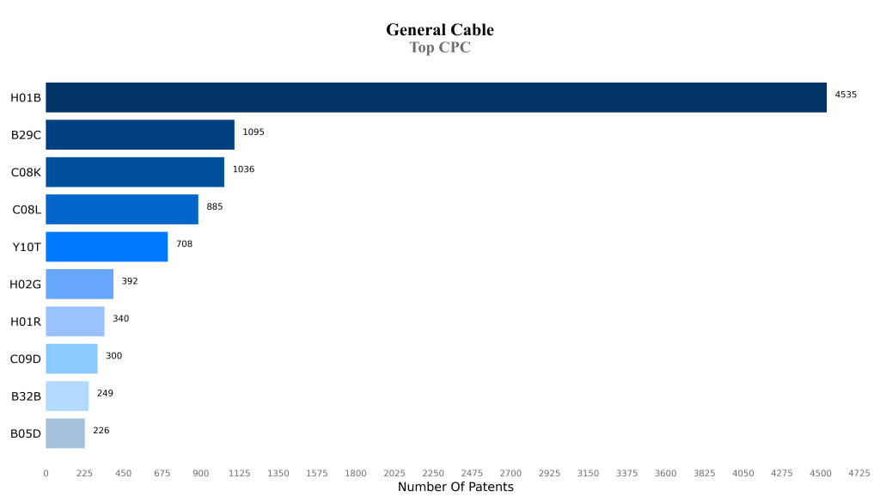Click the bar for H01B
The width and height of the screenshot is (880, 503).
pyautogui.click(x=436, y=97)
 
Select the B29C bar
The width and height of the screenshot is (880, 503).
pyautogui.click(x=140, y=135)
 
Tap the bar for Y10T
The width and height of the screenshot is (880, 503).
pyautogui.click(x=107, y=247)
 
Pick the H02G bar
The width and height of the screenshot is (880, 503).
pyautogui.click(x=79, y=284)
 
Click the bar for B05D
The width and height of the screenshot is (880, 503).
pyautogui.click(x=65, y=433)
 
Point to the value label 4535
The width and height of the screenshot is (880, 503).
pyautogui.click(x=846, y=95)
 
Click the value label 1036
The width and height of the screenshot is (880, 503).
pyautogui.click(x=243, y=169)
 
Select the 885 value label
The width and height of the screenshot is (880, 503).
pyautogui.click(x=215, y=206)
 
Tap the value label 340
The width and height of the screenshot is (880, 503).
pyautogui.click(x=121, y=319)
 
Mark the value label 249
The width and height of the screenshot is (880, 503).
pyautogui.click(x=105, y=394)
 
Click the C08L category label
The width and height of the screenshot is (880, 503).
pyautogui.click(x=27, y=210)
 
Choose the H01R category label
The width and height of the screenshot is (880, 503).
pyautogui.click(x=25, y=322)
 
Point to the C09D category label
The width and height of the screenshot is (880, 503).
pyautogui.click(x=25, y=359)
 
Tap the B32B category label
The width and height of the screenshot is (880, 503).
pyautogui.click(x=26, y=396)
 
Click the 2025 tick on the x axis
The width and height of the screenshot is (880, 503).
pyautogui.click(x=394, y=474)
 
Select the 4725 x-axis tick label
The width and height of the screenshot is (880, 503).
pyautogui.click(x=859, y=474)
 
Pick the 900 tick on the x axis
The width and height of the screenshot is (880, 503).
pyautogui.click(x=201, y=474)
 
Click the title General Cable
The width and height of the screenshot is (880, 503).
pyautogui.click(x=440, y=30)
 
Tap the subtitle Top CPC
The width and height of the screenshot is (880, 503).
pyautogui.click(x=440, y=48)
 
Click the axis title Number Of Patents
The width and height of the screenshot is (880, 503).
pyautogui.click(x=455, y=488)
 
